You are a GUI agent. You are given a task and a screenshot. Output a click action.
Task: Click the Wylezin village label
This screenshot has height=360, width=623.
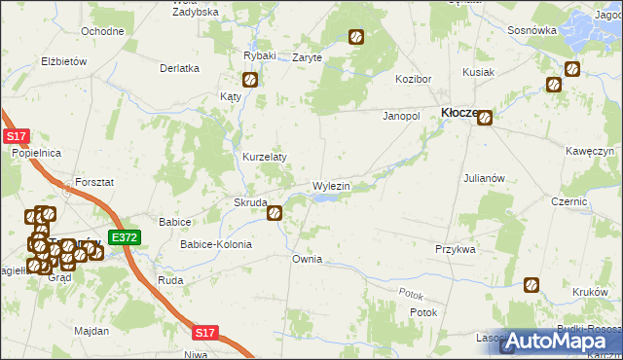(331, 185)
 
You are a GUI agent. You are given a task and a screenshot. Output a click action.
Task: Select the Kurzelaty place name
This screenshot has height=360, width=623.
(263, 157)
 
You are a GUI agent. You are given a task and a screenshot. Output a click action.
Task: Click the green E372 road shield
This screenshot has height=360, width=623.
(125, 237)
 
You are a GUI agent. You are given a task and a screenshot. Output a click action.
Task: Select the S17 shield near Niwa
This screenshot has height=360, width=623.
(203, 333)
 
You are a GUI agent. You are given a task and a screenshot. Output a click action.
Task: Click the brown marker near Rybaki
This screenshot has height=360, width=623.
(250, 81)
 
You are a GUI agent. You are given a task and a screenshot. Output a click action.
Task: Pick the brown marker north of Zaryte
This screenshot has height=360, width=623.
(356, 38)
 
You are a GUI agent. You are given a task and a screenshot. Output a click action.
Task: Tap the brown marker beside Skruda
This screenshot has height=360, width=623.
(275, 210)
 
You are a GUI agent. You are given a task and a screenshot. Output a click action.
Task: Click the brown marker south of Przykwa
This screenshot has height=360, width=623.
(531, 285)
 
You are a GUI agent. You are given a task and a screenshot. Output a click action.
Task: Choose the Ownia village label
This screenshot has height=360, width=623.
(307, 260)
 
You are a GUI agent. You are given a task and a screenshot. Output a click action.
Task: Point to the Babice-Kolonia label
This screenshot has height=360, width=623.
(215, 244)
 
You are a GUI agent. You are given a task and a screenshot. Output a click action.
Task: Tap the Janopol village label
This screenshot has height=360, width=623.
(400, 115)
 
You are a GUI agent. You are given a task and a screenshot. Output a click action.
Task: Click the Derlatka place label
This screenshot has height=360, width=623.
(179, 68)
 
